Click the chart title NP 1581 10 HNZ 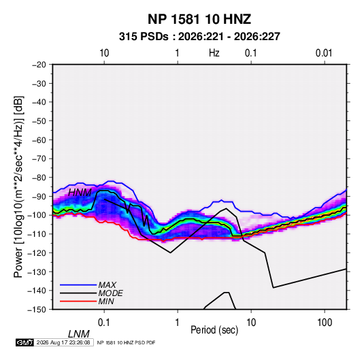(x=199, y=19)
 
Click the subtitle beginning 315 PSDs (x=199, y=37)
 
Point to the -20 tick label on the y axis (x=39, y=65)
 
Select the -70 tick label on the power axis (x=39, y=159)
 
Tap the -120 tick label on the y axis (x=37, y=253)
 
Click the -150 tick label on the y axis (x=37, y=310)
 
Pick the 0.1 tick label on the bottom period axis (x=104, y=323)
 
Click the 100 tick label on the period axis (x=325, y=323)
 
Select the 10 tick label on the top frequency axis (x=104, y=53)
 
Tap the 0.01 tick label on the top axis (x=324, y=53)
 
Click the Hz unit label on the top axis (x=214, y=53)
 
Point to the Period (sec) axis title (x=214, y=330)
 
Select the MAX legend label (x=107, y=285)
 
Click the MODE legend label (x=110, y=293)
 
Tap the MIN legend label (x=106, y=301)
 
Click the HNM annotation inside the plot (x=80, y=193)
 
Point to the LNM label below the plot (x=78, y=334)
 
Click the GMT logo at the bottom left (x=24, y=342)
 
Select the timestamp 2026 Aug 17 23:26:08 (x=63, y=342)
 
